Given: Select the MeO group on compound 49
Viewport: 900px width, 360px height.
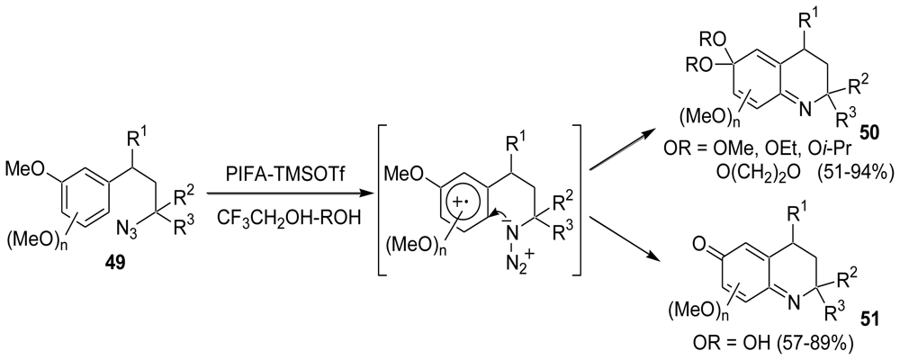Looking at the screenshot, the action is click(x=25, y=168).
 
